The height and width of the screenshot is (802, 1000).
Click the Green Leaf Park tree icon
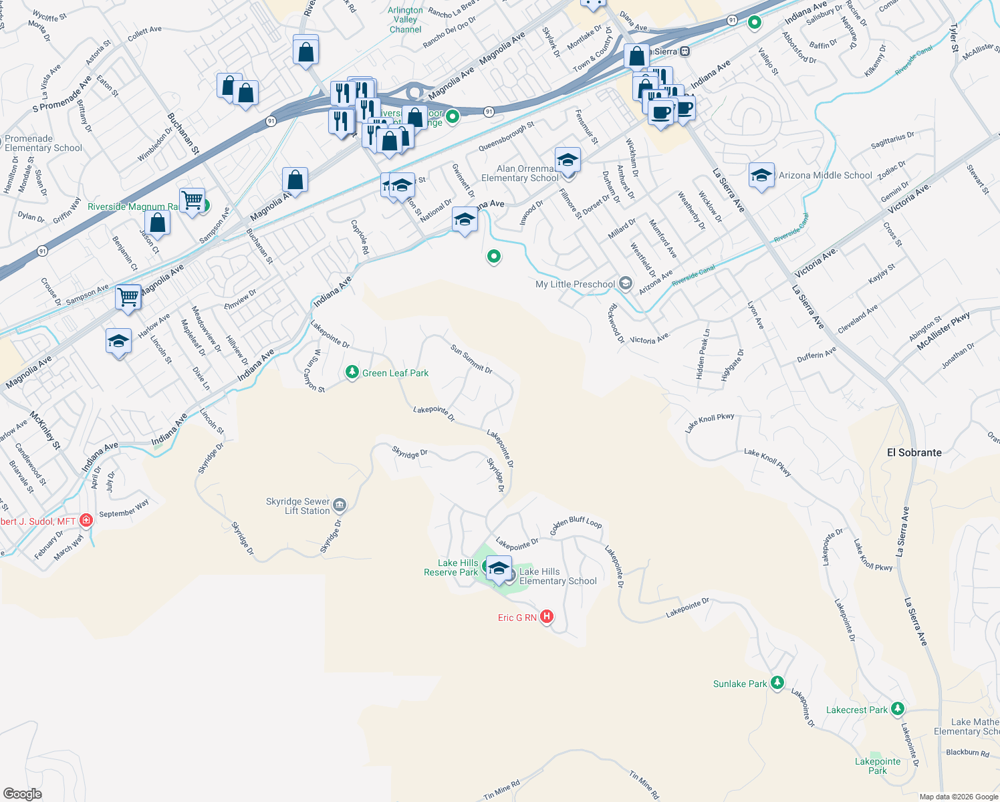click(x=352, y=372)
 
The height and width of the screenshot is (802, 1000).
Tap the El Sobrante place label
click(x=914, y=452)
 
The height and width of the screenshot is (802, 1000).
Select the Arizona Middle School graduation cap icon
click(x=761, y=176)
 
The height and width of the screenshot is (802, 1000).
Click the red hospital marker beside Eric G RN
click(x=547, y=617)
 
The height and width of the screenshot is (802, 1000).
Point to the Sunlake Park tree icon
click(x=777, y=683)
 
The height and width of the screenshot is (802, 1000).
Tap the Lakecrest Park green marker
click(x=898, y=709)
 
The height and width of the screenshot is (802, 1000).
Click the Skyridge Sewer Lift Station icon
click(x=340, y=505)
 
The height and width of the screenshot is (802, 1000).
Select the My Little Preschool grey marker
click(x=625, y=283)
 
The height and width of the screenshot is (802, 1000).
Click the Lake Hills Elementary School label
click(x=557, y=576)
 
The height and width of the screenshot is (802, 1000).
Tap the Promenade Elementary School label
click(x=43, y=144)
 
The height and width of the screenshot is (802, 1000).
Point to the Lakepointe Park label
click(x=878, y=766)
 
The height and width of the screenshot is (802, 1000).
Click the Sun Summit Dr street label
click(x=471, y=359)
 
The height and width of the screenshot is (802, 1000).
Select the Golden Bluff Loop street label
click(x=576, y=524)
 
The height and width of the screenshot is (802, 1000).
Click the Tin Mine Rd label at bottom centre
click(x=502, y=790)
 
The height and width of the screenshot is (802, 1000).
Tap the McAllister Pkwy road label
click(x=943, y=331)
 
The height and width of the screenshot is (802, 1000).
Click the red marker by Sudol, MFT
click(x=86, y=520)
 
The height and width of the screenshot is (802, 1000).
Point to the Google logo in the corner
click(x=23, y=794)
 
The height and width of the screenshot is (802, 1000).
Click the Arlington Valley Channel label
click(x=405, y=20)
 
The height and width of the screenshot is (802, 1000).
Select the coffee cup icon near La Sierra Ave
click(x=661, y=112)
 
